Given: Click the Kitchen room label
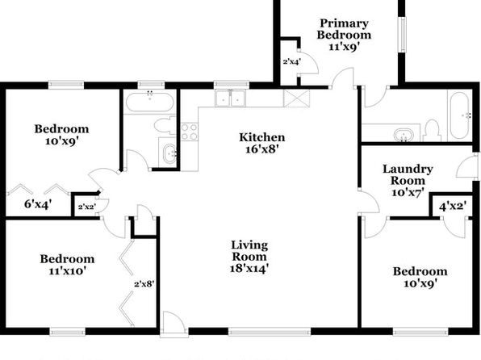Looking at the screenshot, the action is (x=262, y=137).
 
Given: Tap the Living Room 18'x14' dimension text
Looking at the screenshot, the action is (x=249, y=268).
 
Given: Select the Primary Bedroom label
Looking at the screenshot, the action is (x=344, y=29).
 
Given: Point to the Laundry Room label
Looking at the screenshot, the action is (x=408, y=174).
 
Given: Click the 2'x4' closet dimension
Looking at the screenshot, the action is (x=291, y=61).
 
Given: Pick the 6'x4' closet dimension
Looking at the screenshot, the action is (x=38, y=203).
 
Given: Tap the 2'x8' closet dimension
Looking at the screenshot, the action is (x=144, y=284).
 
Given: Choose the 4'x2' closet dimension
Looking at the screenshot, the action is (x=453, y=206).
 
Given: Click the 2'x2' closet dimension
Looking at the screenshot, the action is (x=87, y=207).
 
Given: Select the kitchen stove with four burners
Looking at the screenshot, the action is (x=190, y=132).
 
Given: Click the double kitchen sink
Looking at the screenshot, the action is (x=230, y=98).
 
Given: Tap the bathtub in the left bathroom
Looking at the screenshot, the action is (x=150, y=102).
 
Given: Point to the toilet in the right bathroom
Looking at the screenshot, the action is (x=432, y=131).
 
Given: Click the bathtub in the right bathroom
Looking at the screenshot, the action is (x=460, y=115).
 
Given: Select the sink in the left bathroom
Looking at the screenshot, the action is (x=168, y=153).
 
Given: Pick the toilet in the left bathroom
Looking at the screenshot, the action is (x=165, y=125).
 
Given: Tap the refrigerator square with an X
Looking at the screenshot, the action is (x=297, y=98).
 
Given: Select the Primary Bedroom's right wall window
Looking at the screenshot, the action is (x=402, y=34).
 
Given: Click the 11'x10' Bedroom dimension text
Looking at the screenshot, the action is (x=67, y=271).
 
